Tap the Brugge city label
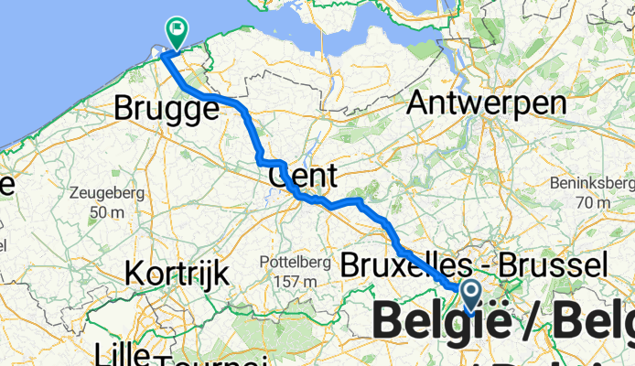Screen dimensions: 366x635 (167, 110)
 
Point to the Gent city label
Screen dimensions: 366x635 (303, 174)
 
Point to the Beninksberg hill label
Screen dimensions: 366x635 (590, 182)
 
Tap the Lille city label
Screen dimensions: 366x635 (125, 352)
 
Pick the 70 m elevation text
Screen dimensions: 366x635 (590, 201)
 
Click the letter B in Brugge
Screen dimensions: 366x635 (123, 110)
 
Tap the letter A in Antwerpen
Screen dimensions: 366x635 (417, 102)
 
